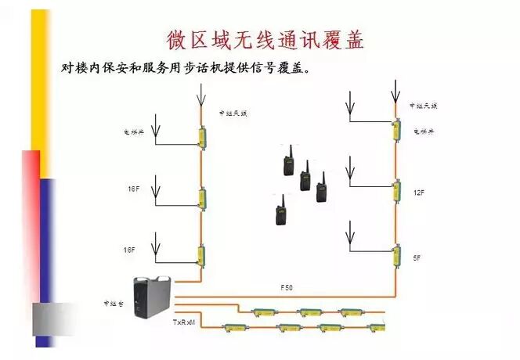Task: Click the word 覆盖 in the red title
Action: [x=345, y=39]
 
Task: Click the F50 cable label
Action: [x=287, y=288]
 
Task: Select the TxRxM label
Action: [x=184, y=321]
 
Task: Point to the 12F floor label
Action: [x=419, y=192]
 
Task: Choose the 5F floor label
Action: [x=417, y=255]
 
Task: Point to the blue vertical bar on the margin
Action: [x=47, y=235]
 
